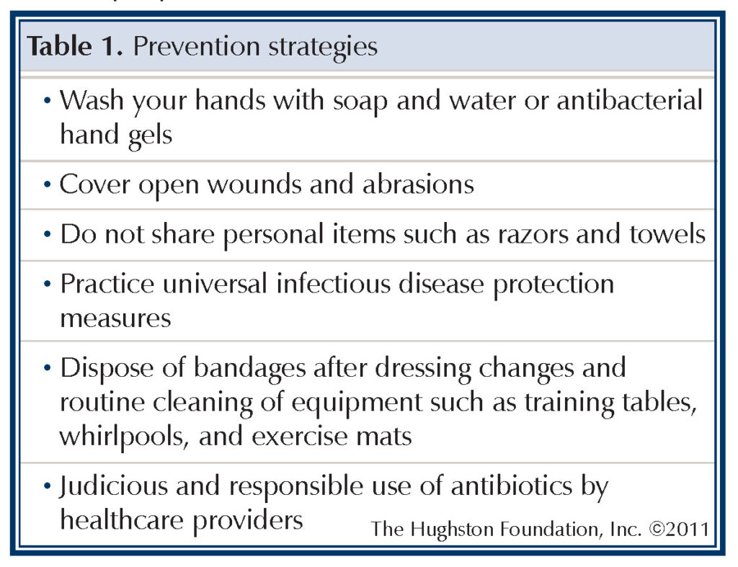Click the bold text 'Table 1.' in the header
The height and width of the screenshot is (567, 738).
[76, 47]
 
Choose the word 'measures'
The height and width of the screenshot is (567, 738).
[115, 318]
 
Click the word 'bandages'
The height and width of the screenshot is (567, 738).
[227, 368]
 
